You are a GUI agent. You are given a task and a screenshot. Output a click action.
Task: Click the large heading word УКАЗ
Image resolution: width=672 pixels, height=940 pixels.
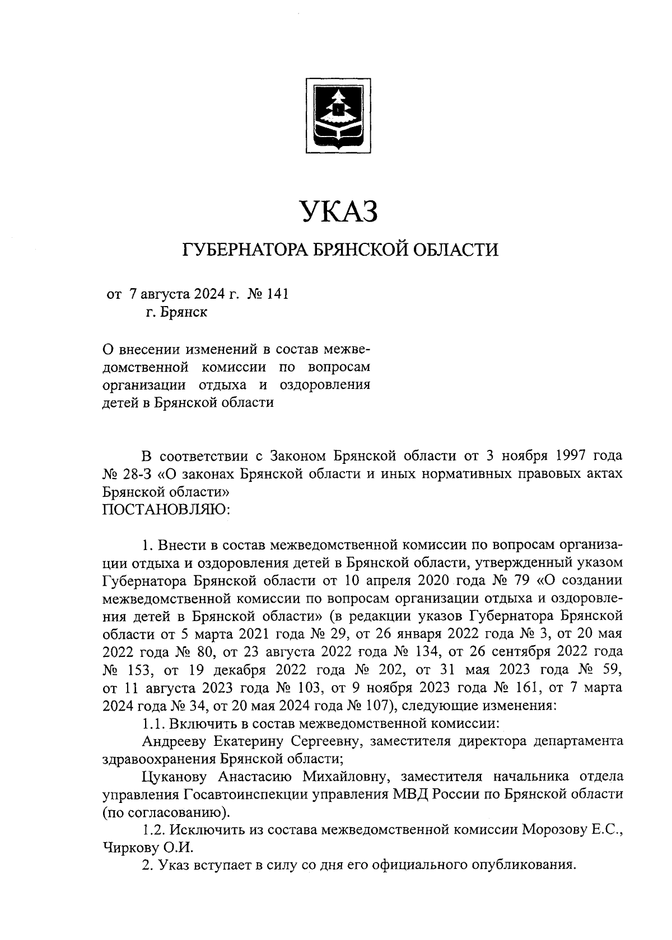click(x=338, y=212)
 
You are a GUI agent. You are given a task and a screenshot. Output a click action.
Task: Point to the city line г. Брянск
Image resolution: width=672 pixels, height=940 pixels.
click(x=176, y=312)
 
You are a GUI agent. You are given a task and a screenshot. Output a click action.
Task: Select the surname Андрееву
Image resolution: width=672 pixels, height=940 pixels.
click(x=178, y=741)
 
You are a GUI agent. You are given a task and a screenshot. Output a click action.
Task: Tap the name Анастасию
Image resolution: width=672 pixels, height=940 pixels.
click(x=257, y=777)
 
